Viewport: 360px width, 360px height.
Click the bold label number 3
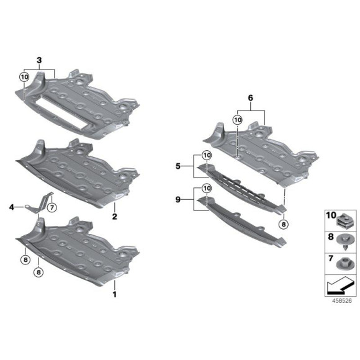(x=40, y=60)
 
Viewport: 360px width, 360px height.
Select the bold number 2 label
(x=114, y=217)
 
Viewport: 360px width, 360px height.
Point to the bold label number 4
(x=11, y=207)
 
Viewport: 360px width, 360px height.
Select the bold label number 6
(x=251, y=98)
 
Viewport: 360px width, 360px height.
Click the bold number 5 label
(x=178, y=166)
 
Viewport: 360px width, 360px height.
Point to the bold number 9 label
(x=178, y=200)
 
